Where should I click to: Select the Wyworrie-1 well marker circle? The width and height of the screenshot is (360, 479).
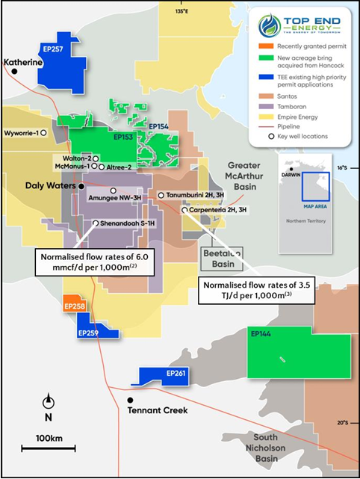tap(44, 133)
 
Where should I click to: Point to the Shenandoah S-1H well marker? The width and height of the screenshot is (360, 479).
tap(96, 223)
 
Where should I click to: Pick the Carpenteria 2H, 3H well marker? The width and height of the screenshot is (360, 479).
tap(184, 211)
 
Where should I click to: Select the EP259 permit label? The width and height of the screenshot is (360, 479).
tap(89, 330)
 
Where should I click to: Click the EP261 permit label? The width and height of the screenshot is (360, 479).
tap(176, 372)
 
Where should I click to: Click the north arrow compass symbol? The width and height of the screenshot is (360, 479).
tap(48, 402)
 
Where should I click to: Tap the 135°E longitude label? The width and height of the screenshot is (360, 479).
tap(202, 12)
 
